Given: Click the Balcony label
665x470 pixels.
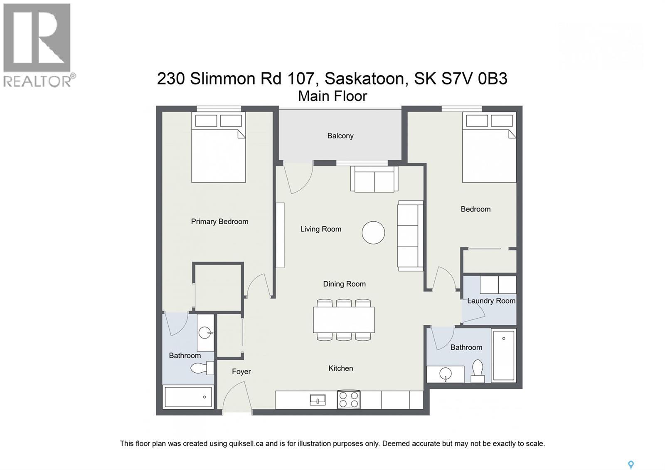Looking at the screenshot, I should pyautogui.click(x=340, y=136).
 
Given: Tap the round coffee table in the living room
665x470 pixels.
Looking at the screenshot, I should pyautogui.click(x=373, y=233).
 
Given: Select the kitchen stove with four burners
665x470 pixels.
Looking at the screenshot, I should pyautogui.click(x=348, y=400).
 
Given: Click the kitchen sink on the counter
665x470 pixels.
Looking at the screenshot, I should pyautogui.click(x=318, y=400).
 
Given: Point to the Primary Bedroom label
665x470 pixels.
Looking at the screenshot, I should pyautogui.click(x=219, y=222).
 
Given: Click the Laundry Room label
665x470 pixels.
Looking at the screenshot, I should pyautogui.click(x=491, y=301).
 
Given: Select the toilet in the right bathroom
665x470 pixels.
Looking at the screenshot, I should pyautogui.click(x=478, y=371).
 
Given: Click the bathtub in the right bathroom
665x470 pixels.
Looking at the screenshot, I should pyautogui.click(x=503, y=355).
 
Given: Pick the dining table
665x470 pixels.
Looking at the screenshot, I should pyautogui.click(x=344, y=319).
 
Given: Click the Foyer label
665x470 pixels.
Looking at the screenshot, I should pyautogui.click(x=241, y=371).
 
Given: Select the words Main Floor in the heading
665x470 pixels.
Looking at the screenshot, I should pyautogui.click(x=332, y=96).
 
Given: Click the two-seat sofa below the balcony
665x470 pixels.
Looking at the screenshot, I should pyautogui.click(x=374, y=179).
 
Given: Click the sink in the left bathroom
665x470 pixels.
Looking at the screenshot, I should pyautogui.click(x=205, y=332).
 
